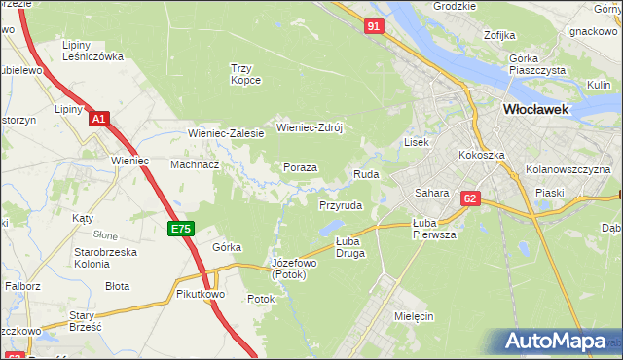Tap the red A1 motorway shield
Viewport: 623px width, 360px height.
(x=98, y=119)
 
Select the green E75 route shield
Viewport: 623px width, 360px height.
(x=180, y=229)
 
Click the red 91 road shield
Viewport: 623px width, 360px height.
(x=374, y=27)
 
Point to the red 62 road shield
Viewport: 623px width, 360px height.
(x=471, y=198)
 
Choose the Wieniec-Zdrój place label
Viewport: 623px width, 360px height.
(x=311, y=127)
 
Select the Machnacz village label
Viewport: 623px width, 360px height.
(x=195, y=164)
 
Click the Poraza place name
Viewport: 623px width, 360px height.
(x=300, y=167)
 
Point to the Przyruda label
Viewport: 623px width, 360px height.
(x=341, y=206)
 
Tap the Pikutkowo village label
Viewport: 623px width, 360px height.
(x=202, y=293)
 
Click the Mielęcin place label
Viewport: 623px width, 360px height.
(x=414, y=316)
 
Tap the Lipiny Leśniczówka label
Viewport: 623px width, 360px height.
(x=92, y=51)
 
